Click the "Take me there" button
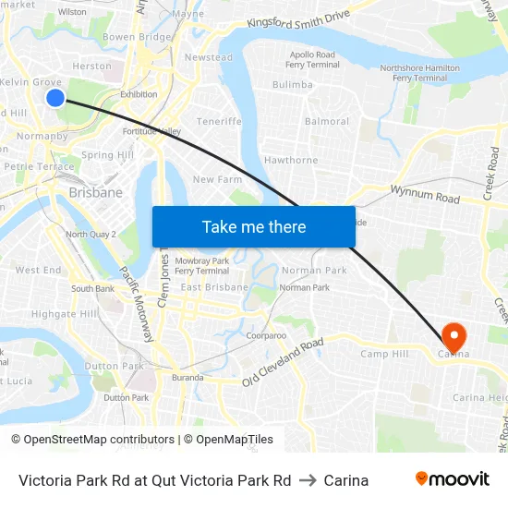pos(254,226)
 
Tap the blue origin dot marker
pos(54,97)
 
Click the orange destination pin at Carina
pos(454,336)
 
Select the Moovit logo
pos(453,479)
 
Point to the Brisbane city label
pos(95,192)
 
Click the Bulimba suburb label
pos(292,85)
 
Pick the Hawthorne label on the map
pos(291,160)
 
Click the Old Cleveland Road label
pos(283,362)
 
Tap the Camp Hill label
pos(384,354)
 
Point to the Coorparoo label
pos(266,336)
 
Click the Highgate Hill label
pos(65,314)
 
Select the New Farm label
pos(217,179)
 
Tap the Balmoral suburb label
pos(327,121)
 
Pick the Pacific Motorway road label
pos(136,304)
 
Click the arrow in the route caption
pos(308,480)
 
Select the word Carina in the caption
pos(346,480)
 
